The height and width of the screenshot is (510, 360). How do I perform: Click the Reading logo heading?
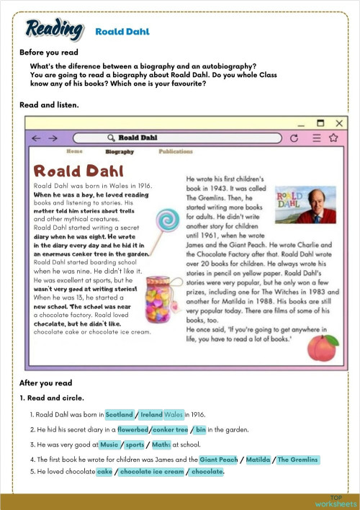53,30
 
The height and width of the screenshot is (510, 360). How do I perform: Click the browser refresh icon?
293,138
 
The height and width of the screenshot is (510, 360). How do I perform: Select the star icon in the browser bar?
333,138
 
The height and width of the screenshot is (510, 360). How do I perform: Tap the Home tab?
74,152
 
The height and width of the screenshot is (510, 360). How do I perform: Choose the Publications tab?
176,152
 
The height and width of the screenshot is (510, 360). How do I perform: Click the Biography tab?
120,152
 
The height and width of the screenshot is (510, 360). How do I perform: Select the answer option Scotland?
119,415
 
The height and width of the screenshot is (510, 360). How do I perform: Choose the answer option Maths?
161,445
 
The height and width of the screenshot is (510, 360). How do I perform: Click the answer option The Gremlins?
297,460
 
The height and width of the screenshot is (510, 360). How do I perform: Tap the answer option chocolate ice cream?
152,473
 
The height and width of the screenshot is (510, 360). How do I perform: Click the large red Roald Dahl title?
78,171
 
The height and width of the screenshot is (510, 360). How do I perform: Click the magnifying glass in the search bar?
111,137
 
